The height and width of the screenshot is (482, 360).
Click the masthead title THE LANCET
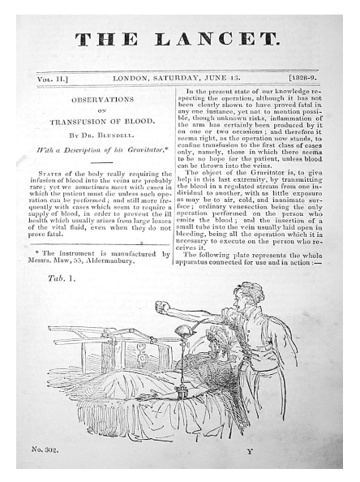pyautogui.click(x=179, y=37)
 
